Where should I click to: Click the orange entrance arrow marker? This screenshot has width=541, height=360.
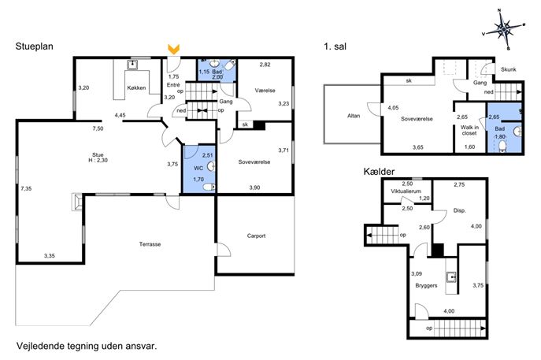tap(173, 49)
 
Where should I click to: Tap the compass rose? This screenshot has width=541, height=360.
tap(504, 29)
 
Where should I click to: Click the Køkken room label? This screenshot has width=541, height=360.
tap(136, 87)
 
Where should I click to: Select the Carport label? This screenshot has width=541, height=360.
tap(257, 236)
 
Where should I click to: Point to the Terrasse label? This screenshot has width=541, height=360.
tap(150, 244)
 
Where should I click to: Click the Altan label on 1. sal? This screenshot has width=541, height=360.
tap(354, 116)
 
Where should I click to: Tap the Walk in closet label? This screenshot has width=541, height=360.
tap(469, 130)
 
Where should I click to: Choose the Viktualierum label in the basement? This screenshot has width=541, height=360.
tap(406, 191)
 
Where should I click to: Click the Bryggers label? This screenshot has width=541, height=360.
tap(427, 285)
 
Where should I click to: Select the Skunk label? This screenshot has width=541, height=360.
tap(508, 69)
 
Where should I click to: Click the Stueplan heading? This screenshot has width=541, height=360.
tap(34, 46)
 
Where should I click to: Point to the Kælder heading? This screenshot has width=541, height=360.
tap(379, 172)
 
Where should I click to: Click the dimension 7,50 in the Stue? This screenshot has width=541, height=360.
tap(98, 128)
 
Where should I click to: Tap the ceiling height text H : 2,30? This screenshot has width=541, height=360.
tap(98, 160)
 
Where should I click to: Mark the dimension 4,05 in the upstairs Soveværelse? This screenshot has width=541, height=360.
tap(393, 108)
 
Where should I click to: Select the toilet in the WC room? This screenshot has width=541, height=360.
tap(209, 187)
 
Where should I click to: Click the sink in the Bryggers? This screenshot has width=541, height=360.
tap(451, 277)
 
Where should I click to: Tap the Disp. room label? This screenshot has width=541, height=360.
tap(460, 210)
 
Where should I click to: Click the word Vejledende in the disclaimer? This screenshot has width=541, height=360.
tap(37, 346)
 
